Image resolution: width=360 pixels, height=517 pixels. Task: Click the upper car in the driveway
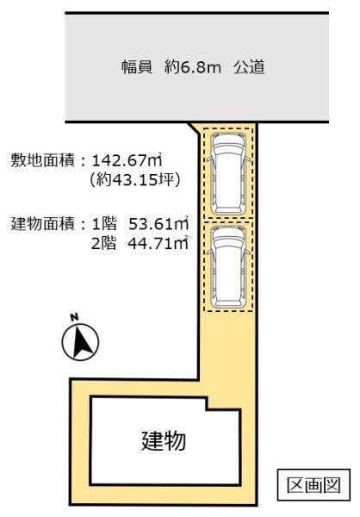227,172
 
